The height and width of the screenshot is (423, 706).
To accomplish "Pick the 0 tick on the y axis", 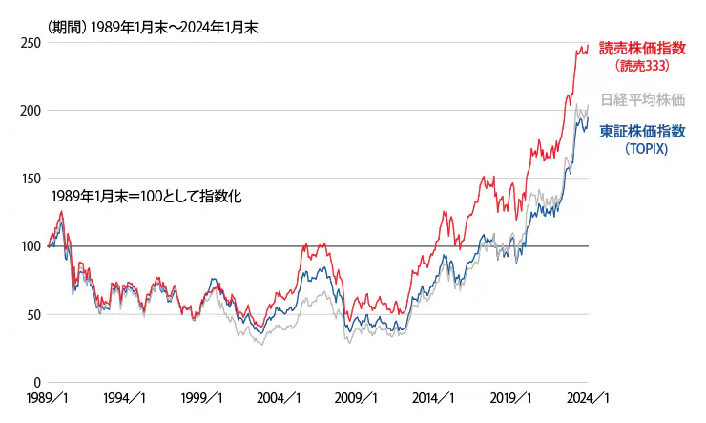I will tap(33, 382).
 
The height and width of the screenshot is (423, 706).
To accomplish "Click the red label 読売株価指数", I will tap(642, 50).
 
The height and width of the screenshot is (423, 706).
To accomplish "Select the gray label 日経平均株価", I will tap(642, 99).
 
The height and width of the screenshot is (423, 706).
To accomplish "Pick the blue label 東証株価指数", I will tap(642, 132).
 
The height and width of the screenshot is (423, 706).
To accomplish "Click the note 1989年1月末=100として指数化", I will tap(147, 197).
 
